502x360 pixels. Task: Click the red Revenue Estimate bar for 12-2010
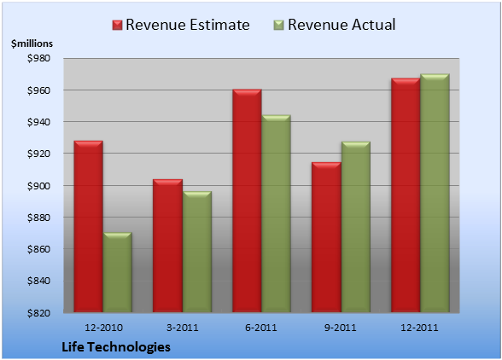point(89,226)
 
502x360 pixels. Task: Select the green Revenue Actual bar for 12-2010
point(118,272)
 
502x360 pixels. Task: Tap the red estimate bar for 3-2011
point(167,246)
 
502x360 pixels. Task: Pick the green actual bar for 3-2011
point(197,252)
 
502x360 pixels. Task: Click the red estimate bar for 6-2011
point(248,200)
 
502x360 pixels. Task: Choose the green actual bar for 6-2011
point(277,213)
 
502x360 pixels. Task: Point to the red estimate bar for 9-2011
point(326,237)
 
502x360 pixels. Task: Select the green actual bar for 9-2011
point(356,227)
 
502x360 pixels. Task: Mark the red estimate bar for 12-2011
point(406,195)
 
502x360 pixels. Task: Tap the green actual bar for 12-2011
point(435,193)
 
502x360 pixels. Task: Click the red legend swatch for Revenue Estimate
point(118,26)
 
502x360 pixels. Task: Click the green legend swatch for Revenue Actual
point(279,26)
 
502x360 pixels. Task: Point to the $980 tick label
point(38,58)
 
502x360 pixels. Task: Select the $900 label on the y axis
point(38,186)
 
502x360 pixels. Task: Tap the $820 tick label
point(38,313)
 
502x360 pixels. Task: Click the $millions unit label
point(32,44)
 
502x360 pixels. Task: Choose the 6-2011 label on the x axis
point(261,328)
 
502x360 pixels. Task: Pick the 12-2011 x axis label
point(419,328)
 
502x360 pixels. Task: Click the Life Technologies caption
point(116,347)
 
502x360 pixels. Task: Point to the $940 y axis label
point(38,122)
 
